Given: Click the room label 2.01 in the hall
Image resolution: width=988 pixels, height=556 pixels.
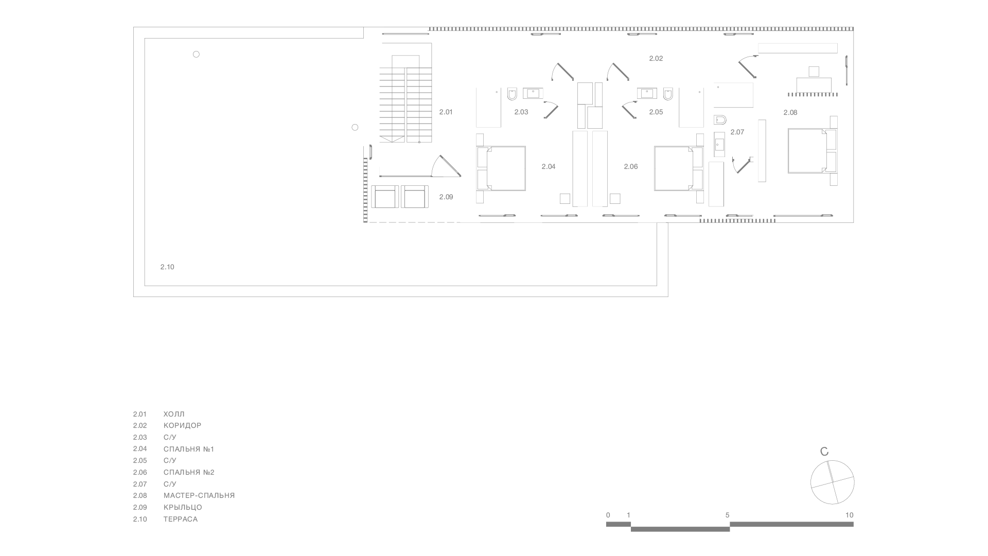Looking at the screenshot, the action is tap(446, 112).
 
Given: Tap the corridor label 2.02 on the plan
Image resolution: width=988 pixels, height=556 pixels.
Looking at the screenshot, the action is tap(656, 59).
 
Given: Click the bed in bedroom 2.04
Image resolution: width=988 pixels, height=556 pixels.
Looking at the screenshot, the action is tap(501, 168).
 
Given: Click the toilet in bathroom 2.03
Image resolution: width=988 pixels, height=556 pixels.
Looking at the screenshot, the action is tap(512, 95).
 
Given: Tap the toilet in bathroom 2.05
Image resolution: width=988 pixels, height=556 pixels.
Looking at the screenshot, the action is tap(668, 95).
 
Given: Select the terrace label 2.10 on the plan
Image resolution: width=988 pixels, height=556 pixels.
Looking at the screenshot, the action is tap(167, 267).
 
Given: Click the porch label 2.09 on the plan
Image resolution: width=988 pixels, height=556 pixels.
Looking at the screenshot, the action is tap(446, 197).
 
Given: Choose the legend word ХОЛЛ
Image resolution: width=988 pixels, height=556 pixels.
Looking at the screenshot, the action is tap(174, 414).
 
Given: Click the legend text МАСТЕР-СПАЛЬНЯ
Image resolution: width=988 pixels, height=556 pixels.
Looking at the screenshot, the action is tap(199, 496).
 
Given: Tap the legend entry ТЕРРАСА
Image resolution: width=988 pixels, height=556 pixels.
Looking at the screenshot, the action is tap(181, 519).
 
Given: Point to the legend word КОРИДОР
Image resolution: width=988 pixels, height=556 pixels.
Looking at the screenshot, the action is tap(183, 426).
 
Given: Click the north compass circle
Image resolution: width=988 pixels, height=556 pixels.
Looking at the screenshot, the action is tap(832, 482).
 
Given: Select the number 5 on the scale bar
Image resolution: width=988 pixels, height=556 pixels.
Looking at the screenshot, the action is tap(728, 515).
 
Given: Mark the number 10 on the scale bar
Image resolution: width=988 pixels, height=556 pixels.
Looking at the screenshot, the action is tap(849, 515).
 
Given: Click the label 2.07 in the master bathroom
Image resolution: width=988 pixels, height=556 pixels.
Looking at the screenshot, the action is tap(737, 132).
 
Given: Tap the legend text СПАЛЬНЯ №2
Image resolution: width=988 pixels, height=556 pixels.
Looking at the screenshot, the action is tap(189, 472).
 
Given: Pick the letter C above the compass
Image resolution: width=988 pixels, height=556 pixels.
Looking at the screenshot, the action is tap(824, 452).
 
